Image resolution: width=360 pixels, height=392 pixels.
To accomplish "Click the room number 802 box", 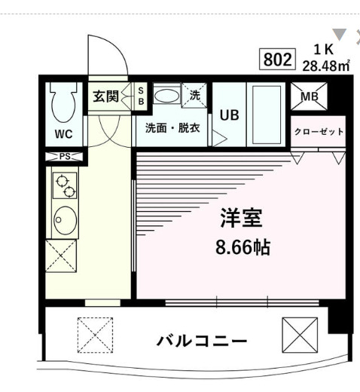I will coord(276,59).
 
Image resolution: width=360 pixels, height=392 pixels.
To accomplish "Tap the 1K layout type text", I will coord(324,50).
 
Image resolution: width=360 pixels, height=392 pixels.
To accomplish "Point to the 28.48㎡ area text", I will coord(326,65).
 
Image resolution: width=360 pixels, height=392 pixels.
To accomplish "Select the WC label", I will coord(63,136).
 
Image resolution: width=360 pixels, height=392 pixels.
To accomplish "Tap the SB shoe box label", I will coord(140,96).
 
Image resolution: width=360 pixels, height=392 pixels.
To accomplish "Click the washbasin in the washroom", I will coord(166,96).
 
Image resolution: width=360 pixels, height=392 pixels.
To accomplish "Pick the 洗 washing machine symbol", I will coord(194,96).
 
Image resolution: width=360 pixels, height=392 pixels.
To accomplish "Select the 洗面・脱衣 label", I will coord(172,127).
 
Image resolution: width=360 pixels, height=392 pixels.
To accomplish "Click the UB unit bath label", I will coord(229,115).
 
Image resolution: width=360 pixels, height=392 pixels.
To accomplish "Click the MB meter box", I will coord(309,96).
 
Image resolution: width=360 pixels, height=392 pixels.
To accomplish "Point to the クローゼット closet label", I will coord(319,131).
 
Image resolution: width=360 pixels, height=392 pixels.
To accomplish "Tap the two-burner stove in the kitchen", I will coord(63,184).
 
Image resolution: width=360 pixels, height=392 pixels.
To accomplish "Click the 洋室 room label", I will coord(241,219).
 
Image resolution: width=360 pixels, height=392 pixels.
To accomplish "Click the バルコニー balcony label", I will coord(201,341).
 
